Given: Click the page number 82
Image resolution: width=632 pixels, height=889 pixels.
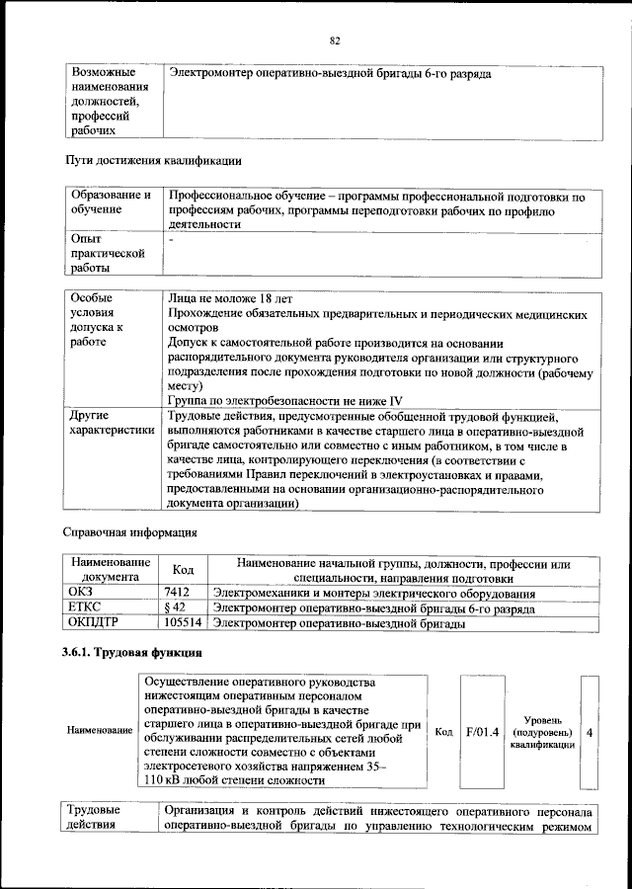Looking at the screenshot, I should coord(335,40).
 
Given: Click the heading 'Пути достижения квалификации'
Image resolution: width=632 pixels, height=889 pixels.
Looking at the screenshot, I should coord(153,159).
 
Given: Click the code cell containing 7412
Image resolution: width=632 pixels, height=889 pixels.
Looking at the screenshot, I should coord(176,594).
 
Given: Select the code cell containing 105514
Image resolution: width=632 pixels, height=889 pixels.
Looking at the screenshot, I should coord(184,623).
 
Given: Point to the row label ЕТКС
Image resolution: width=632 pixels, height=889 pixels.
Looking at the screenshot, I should coord(87,608).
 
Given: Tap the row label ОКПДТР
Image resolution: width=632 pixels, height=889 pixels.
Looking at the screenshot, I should coord(96,623).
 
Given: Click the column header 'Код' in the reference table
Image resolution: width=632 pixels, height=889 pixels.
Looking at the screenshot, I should coord(184,570).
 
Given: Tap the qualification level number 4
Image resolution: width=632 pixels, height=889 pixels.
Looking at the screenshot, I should coord(590,732).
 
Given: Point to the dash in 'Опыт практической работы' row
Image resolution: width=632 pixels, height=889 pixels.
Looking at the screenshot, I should coord(171,239).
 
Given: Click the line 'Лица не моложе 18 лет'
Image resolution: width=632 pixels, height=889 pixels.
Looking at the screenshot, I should coord(229,298).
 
